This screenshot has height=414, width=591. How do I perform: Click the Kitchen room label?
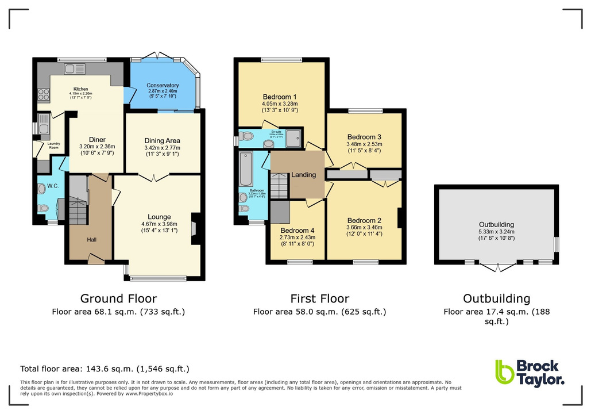click(80, 89)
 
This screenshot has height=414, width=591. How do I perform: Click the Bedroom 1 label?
click(280, 96)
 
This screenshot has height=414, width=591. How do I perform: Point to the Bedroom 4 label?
click(294, 230)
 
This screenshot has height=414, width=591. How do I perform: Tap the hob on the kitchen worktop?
click(43, 95)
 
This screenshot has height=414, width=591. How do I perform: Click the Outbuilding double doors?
click(497, 266)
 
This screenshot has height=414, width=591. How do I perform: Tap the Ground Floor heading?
click(118, 298)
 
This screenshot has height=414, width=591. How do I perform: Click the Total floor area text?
click(105, 369)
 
